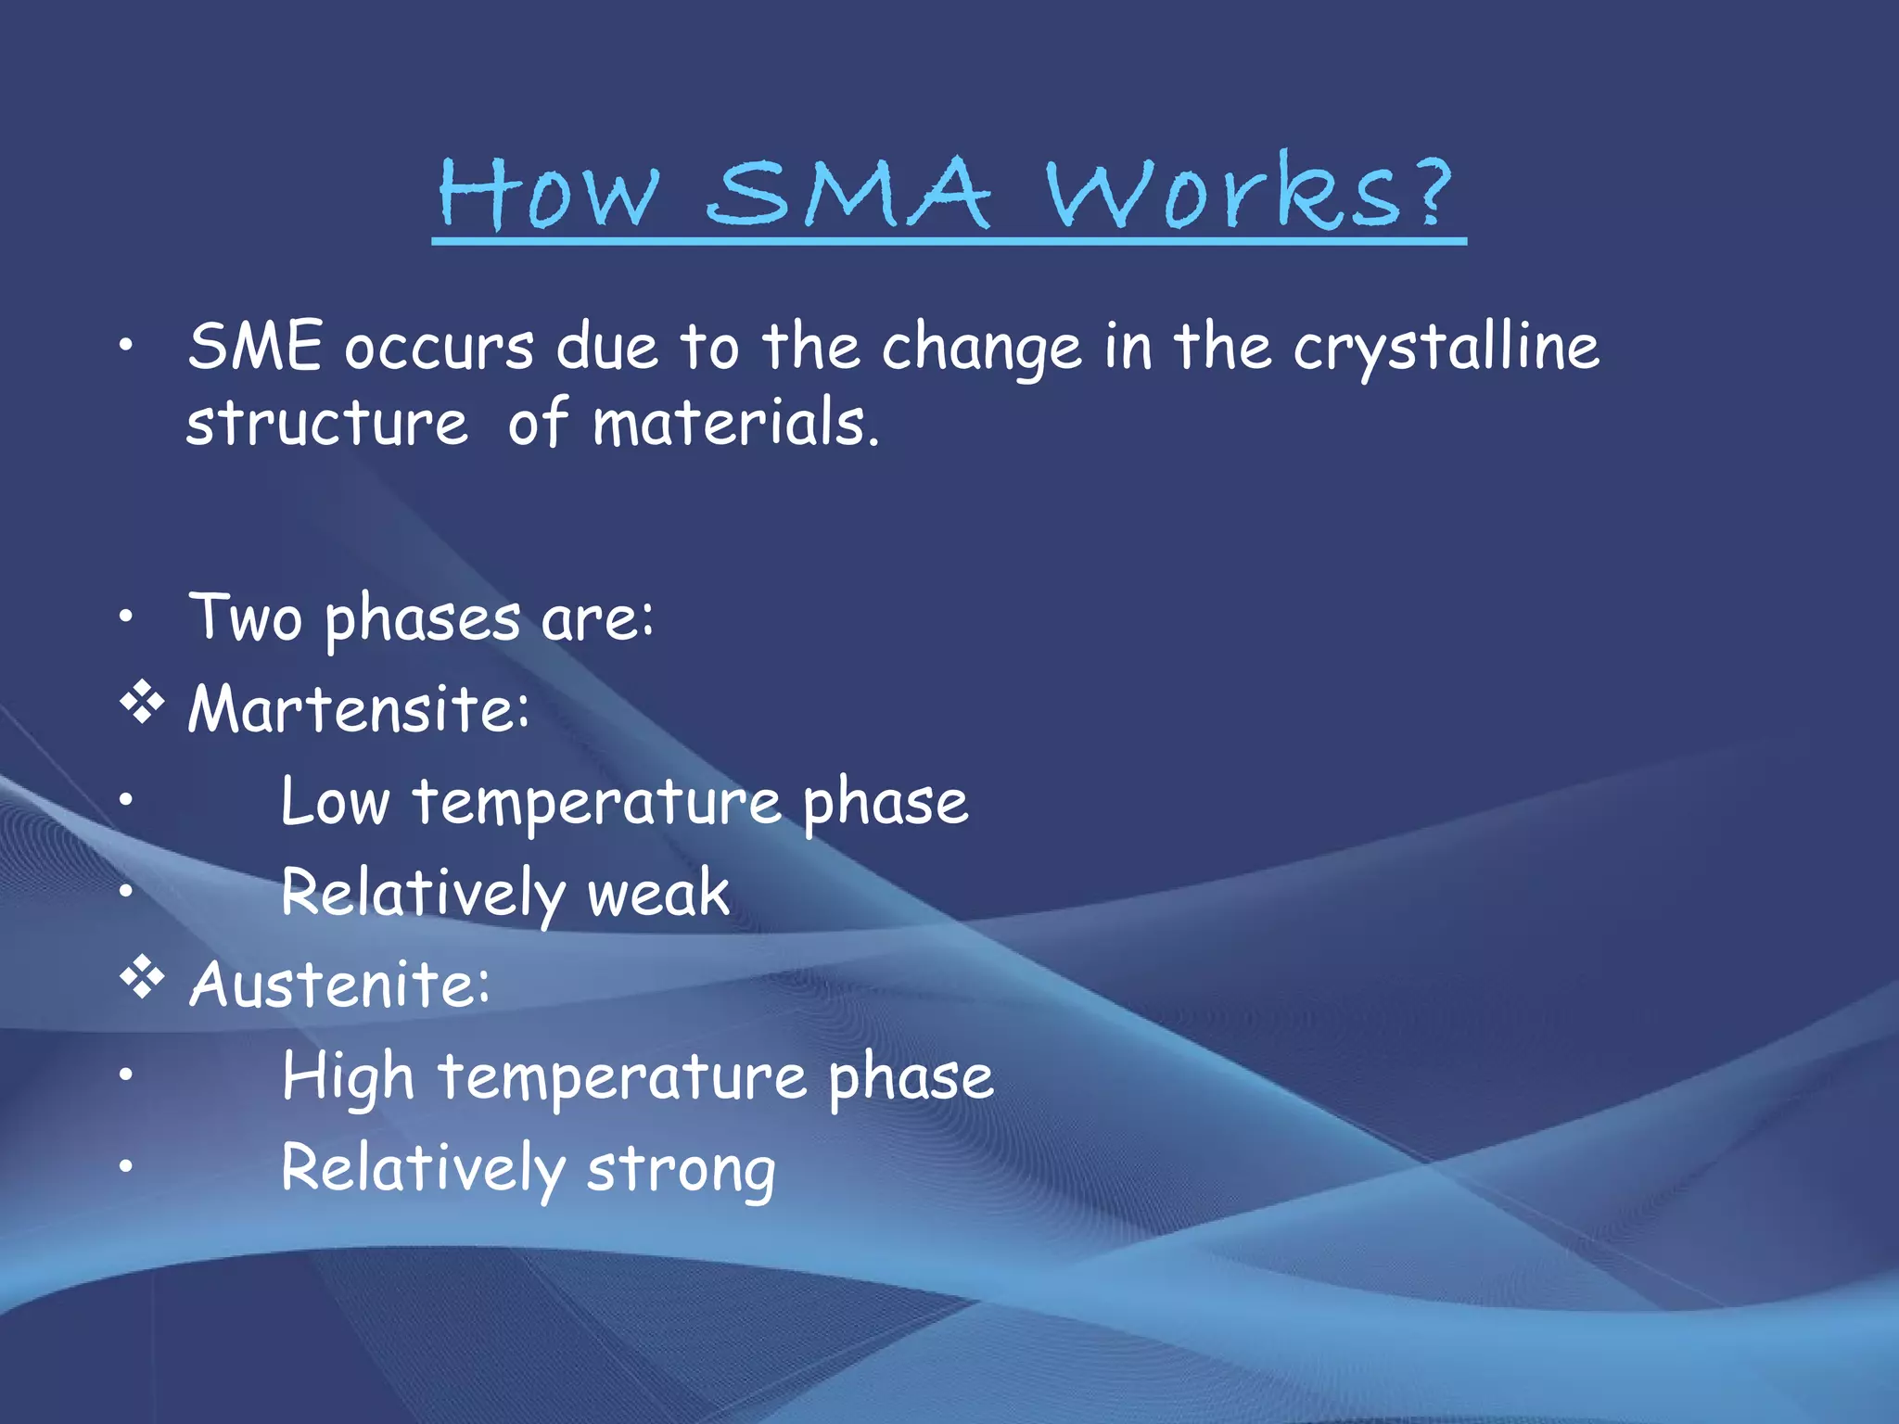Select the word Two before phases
[246, 617]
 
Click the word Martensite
[358, 709]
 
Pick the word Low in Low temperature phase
[335, 802]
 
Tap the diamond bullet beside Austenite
[142, 979]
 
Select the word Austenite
[338, 985]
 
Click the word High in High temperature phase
[348, 1078]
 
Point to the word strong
[682, 1170]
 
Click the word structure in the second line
[326, 424]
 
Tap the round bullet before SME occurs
[126, 346]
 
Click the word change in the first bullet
[981, 350]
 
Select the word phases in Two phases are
[422, 619]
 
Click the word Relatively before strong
[422, 1170]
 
